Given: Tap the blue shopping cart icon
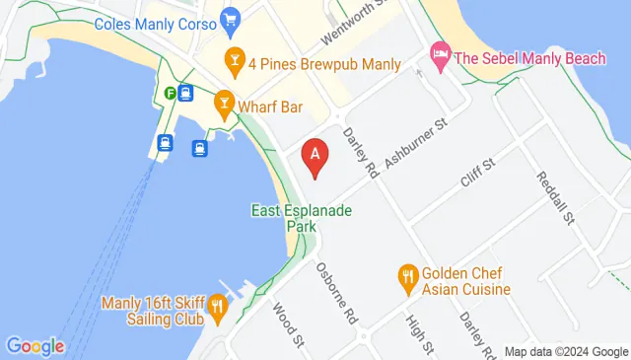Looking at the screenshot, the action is point(231,19).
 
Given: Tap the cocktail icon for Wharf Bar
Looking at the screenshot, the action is point(224,104).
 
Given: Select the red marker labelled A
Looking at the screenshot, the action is point(315,157).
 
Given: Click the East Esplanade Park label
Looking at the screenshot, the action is point(302,218).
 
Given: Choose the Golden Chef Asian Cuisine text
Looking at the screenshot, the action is point(466,281).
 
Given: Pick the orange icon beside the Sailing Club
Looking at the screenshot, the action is point(217,310).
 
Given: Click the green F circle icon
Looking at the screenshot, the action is point(170,94).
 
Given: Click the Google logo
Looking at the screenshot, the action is point(35,346).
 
